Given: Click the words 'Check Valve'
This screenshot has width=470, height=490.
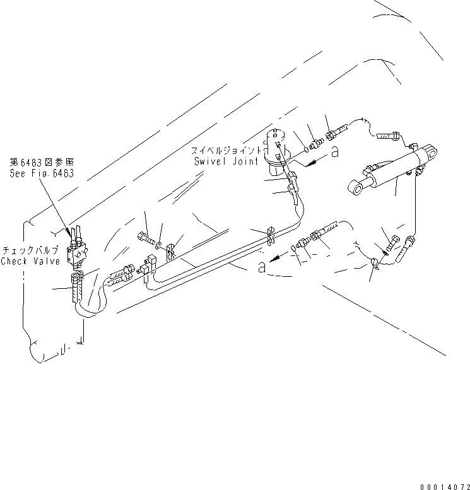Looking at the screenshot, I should click(30, 261).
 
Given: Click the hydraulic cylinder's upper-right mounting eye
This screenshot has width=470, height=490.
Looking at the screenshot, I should click(430, 151).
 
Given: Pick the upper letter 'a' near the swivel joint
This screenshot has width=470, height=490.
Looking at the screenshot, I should click(334, 151).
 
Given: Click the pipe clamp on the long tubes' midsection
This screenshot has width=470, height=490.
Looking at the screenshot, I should click(269, 235).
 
